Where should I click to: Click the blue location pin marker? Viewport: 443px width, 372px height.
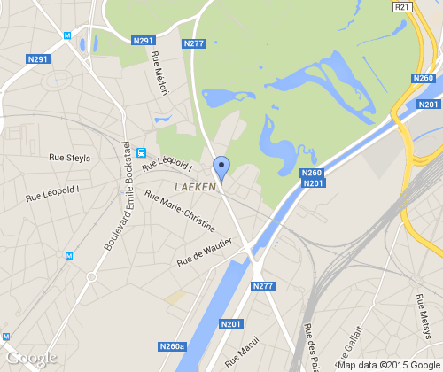coord(221,167)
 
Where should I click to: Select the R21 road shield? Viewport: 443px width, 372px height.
coord(402,7)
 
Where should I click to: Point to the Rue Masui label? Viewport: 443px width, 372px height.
coord(243,354)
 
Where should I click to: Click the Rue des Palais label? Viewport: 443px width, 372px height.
coord(310,345)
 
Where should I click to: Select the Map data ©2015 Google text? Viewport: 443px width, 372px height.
coord(387,365)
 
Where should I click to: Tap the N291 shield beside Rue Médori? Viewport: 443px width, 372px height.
coord(143,40)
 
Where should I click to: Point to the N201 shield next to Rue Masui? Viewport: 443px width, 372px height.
coord(230,325)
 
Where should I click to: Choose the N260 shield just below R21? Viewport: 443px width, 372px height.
coord(424,79)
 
